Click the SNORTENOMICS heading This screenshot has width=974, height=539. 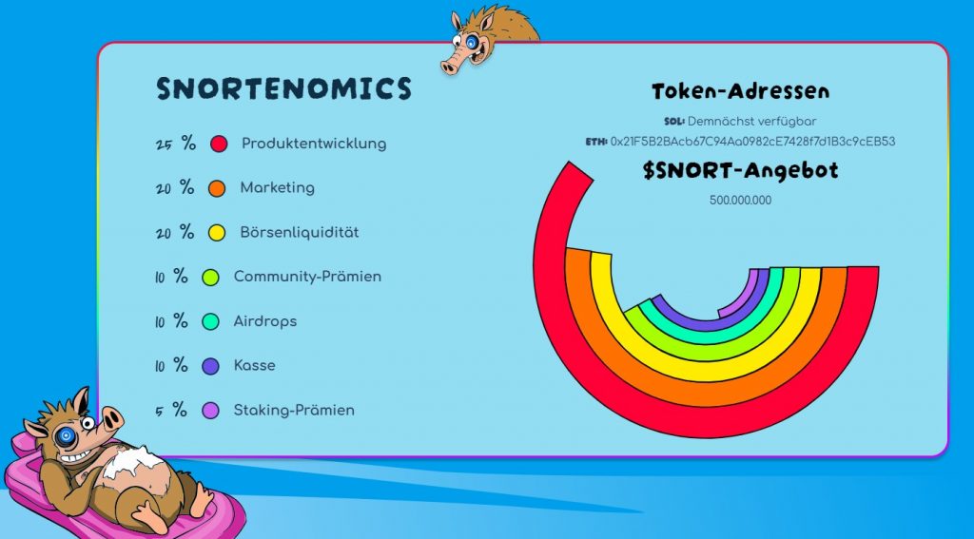click(283, 88)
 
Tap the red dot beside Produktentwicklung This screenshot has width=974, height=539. click(219, 144)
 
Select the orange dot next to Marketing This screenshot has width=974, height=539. click(217, 189)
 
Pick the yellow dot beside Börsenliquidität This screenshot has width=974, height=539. click(217, 233)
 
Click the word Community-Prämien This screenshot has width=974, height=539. click(307, 277)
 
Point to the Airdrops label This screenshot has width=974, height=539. click(265, 321)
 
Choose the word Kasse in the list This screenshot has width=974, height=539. click(255, 365)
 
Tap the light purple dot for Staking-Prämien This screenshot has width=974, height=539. click(210, 411)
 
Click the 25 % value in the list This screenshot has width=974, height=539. click(176, 144)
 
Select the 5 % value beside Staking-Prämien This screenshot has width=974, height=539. click(171, 411)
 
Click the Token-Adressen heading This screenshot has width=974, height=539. click(740, 91)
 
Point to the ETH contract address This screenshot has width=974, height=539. click(753, 142)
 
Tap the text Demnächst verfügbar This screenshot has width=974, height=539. click(751, 122)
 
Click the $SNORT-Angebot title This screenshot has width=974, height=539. click(740, 171)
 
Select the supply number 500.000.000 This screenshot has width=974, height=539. click(740, 201)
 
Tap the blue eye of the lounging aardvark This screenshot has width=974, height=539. click(66, 436)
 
